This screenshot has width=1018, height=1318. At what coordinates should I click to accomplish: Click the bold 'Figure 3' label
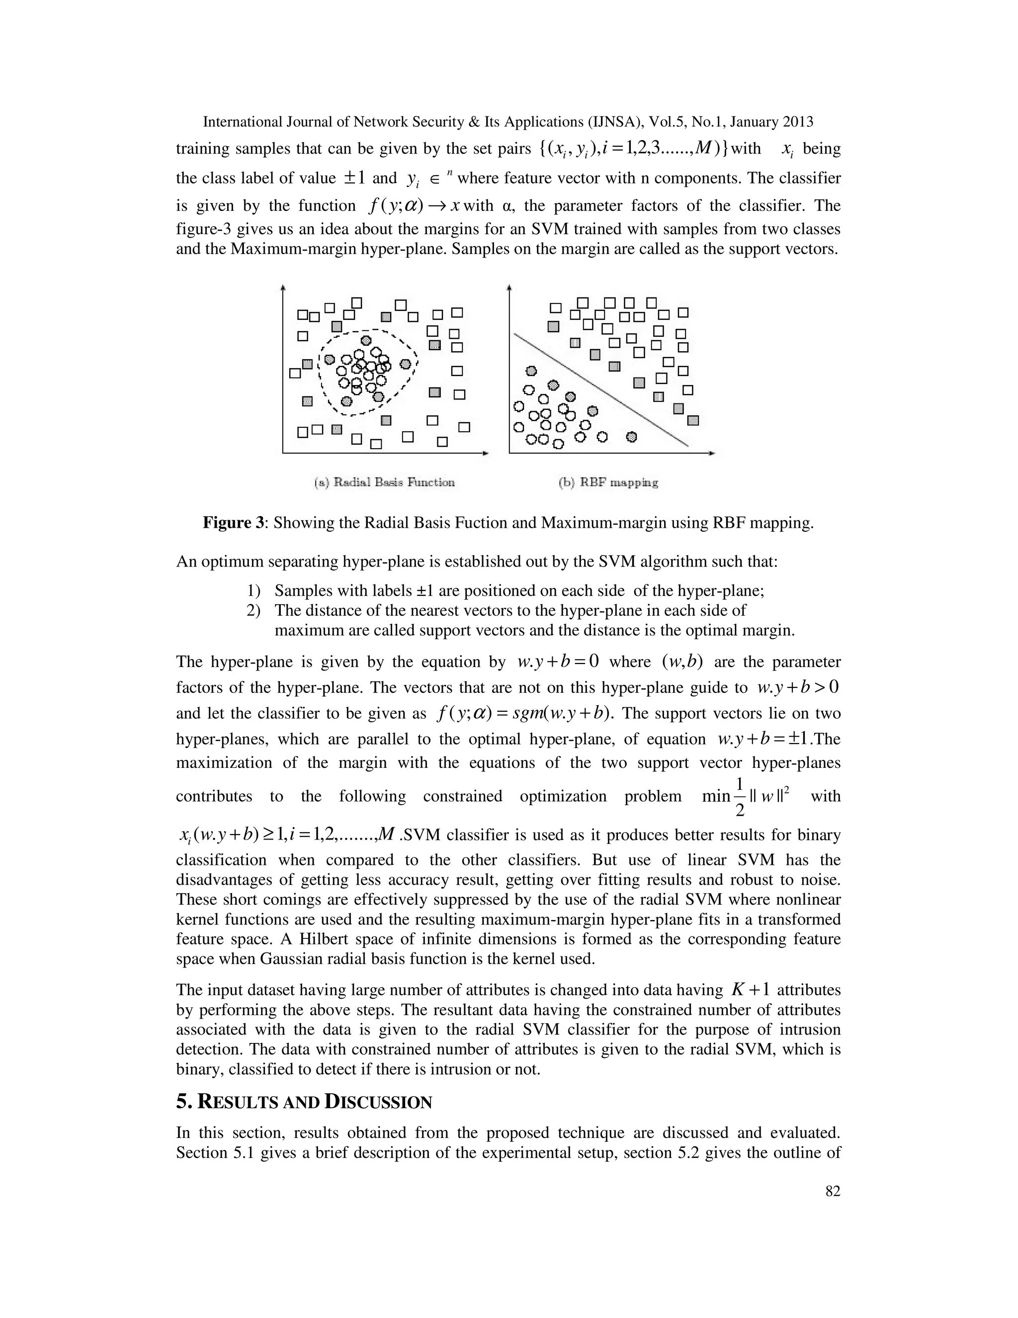point(233,523)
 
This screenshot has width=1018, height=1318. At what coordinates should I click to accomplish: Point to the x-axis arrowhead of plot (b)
point(713,453)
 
